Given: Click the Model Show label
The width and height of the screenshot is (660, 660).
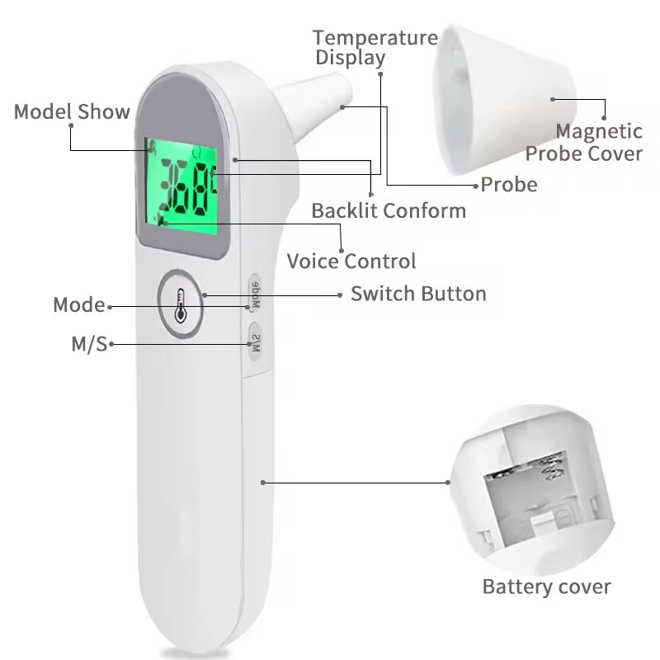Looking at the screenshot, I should click(x=72, y=111).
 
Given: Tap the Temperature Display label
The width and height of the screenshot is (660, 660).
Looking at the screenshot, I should click(x=375, y=48).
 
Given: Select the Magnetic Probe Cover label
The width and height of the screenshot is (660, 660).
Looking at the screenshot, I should click(x=583, y=142).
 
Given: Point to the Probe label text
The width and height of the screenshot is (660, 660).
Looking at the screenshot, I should click(x=508, y=184).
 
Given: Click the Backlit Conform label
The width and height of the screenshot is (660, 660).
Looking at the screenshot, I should click(x=388, y=210).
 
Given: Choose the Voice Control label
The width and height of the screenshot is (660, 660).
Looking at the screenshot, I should click(x=351, y=262).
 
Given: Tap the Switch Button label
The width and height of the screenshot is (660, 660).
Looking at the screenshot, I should click(x=418, y=294).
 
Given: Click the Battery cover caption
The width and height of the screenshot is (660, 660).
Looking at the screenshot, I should click(x=546, y=587).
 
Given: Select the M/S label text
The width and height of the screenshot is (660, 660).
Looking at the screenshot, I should click(x=89, y=344).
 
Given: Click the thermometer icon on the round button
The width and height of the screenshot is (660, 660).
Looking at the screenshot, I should click(x=182, y=303).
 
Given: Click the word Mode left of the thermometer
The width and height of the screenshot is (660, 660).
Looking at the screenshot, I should click(x=79, y=305).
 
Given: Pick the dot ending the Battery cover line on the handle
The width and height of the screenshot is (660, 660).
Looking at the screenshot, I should click(x=264, y=482).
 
